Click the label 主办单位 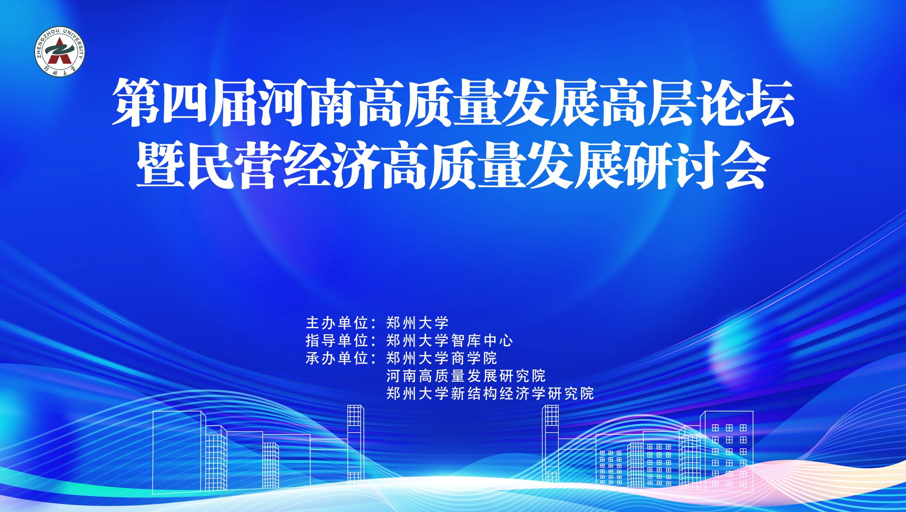pos(337,323)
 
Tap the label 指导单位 pos(337,341)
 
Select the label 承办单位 pos(337,358)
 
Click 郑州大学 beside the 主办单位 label pos(418,323)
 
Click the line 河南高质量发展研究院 pos(466,376)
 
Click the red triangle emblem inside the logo pos(59,53)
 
